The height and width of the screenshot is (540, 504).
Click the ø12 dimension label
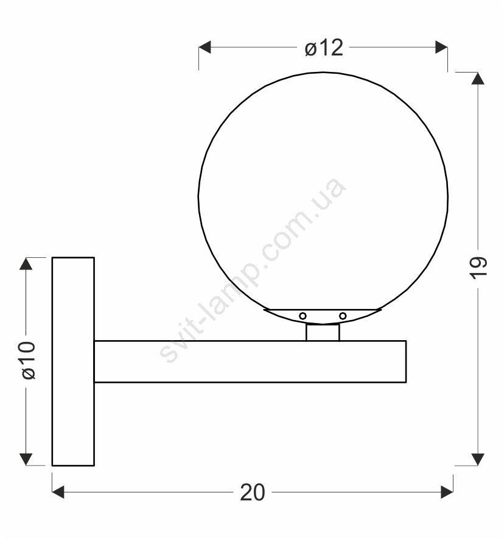click(324, 48)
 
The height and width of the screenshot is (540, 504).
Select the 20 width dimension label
click(253, 492)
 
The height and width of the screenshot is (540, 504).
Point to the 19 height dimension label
click(478, 268)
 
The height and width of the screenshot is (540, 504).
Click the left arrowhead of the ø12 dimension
click(205, 47)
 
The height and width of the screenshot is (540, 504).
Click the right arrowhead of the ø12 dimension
click(441, 47)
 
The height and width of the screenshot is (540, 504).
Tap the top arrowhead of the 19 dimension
click(478, 79)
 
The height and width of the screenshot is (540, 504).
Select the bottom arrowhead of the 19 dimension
click(478, 460)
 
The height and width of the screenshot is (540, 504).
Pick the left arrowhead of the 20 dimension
click(58, 492)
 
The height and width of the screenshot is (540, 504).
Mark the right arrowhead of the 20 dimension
click(447, 492)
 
